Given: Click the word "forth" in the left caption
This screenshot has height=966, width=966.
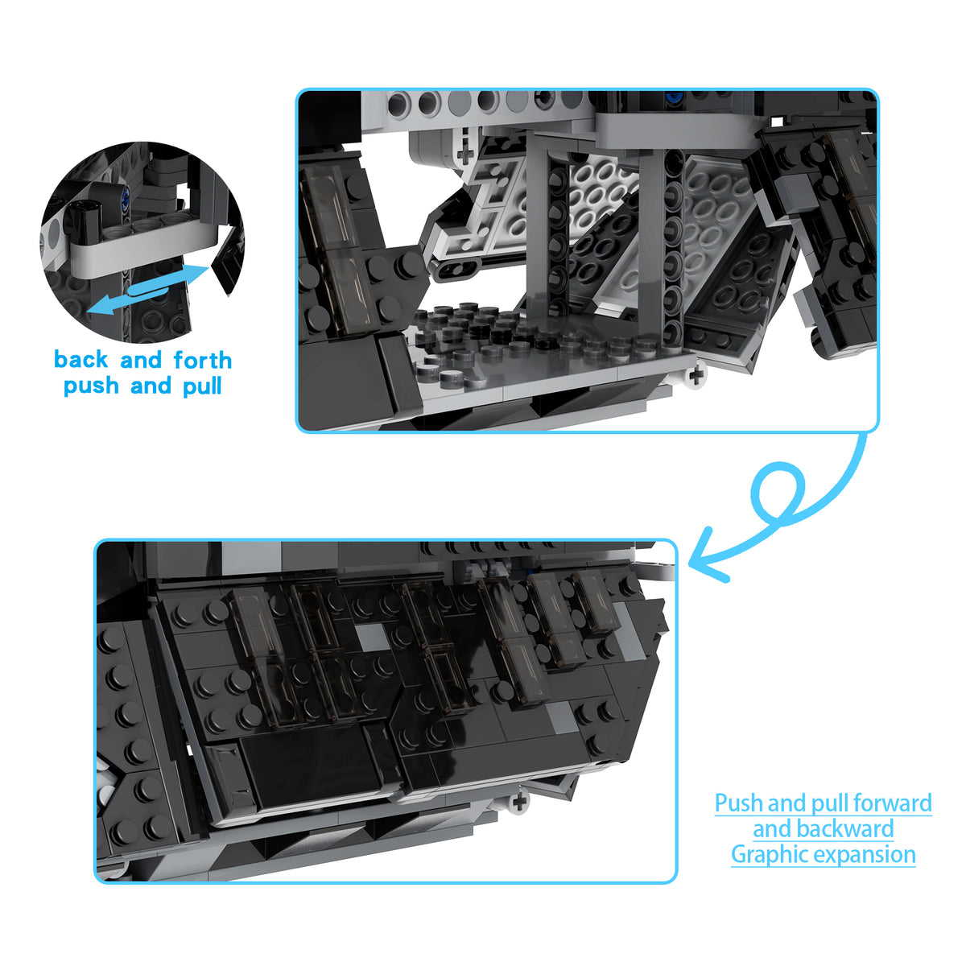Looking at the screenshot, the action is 203,360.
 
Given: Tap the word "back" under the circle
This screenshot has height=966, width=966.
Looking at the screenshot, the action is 80,359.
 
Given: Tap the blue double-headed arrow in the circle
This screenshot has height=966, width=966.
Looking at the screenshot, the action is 148,290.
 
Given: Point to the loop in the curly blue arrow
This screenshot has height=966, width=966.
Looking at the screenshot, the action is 776,490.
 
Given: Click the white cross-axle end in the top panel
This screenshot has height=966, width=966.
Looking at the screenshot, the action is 697,375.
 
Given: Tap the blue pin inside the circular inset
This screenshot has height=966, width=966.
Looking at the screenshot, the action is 123,193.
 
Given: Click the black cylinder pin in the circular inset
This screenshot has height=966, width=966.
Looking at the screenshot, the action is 83,218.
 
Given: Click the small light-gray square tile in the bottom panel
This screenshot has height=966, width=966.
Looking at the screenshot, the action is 372,638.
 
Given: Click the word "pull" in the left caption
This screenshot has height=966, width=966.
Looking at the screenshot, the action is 202,387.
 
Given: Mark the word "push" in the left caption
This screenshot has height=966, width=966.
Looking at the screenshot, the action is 91,387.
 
